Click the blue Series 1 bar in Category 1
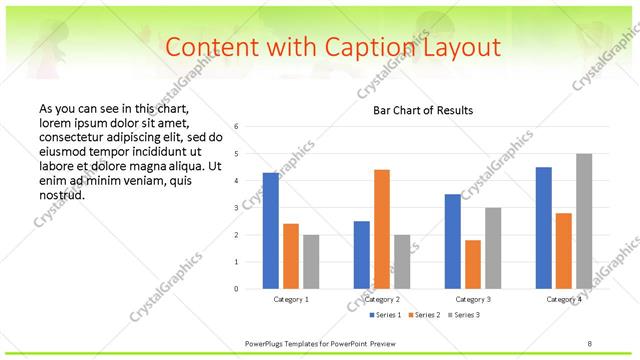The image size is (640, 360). coord(271,231)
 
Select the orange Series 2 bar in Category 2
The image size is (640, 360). coord(382,229)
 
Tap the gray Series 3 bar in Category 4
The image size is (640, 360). coord(584,221)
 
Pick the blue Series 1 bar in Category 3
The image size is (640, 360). coord(452,241)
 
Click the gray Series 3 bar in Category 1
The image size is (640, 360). coord(311,262)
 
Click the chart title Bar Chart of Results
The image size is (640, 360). coord(423,110)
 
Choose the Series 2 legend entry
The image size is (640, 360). coord(421,316)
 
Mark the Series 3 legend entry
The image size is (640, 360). coord(466,316)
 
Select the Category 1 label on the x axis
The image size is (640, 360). coord(291,299)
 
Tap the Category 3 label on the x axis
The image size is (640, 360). coord(473,299)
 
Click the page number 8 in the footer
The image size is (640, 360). coord(590,344)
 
